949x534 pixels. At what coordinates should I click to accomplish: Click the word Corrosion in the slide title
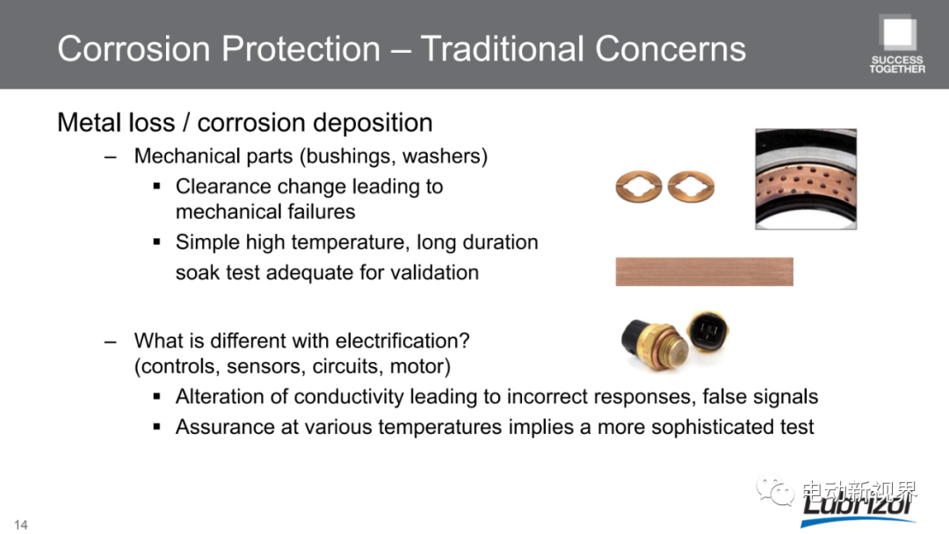tap(134, 49)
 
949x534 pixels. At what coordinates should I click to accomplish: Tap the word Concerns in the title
tap(670, 49)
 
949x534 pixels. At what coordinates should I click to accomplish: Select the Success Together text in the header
tap(897, 65)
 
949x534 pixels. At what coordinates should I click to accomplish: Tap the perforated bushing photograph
tap(806, 179)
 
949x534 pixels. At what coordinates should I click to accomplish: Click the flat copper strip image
tap(704, 271)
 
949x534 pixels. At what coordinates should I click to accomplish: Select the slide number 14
tap(20, 524)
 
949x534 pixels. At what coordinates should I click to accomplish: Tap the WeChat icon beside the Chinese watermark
tap(775, 490)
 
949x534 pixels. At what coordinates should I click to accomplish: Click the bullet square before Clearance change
tap(156, 186)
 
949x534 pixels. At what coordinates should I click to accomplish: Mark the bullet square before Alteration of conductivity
tap(156, 397)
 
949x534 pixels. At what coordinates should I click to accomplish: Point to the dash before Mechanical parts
tap(110, 157)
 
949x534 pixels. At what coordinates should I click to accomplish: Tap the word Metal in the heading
tap(86, 123)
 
